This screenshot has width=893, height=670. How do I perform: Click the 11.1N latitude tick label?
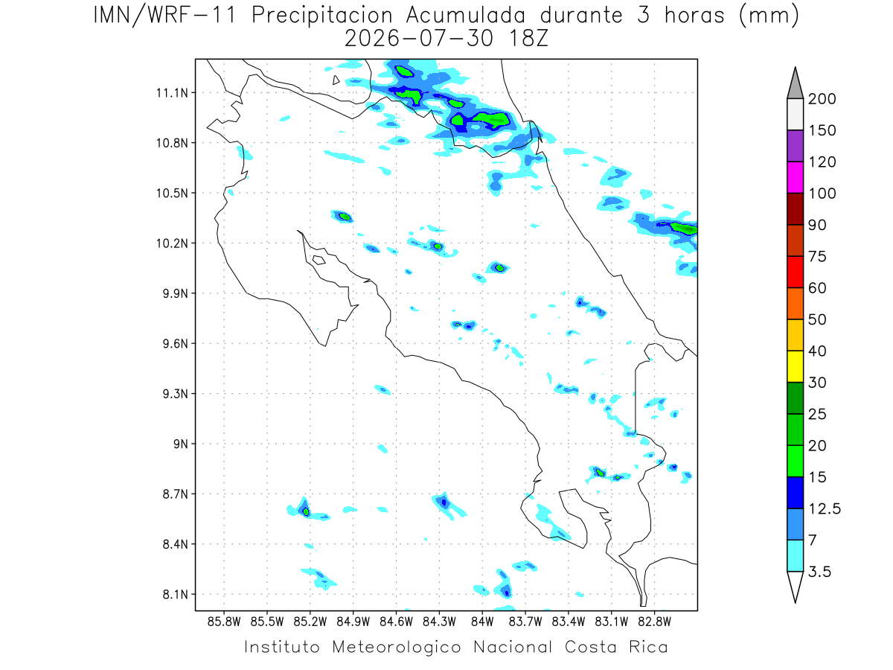pyautogui.click(x=172, y=93)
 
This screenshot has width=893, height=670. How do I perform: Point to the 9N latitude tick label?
pyautogui.click(x=181, y=444)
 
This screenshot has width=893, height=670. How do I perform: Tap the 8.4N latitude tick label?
pyautogui.click(x=176, y=544)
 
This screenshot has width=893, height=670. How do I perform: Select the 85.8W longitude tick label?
pyautogui.click(x=224, y=622)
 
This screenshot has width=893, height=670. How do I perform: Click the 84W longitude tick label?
pyautogui.click(x=482, y=622)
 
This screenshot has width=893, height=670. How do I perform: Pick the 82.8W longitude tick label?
pyautogui.click(x=654, y=622)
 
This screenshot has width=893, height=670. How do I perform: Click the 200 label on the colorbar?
pyautogui.click(x=822, y=99)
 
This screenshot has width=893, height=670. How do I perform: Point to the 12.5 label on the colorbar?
pyautogui.click(x=825, y=509)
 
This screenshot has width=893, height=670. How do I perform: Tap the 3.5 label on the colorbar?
pyautogui.click(x=819, y=572)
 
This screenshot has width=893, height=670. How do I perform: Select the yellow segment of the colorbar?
pyautogui.click(x=795, y=366)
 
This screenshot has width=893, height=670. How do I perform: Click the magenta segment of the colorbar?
pyautogui.click(x=795, y=177)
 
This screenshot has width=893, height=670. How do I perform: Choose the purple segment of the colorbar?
pyautogui.click(x=795, y=146)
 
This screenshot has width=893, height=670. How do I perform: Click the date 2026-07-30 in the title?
pyautogui.click(x=419, y=39)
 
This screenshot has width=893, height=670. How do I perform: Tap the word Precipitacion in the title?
pyautogui.click(x=322, y=16)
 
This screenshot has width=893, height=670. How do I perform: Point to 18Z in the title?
pyautogui.click(x=528, y=39)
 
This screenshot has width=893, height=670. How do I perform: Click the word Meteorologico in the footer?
pyautogui.click(x=396, y=647)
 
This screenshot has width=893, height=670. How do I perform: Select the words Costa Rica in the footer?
pyautogui.click(x=616, y=647)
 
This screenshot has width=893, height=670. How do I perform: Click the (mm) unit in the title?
pyautogui.click(x=769, y=16)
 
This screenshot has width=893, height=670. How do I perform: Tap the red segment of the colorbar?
pyautogui.click(x=795, y=272)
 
